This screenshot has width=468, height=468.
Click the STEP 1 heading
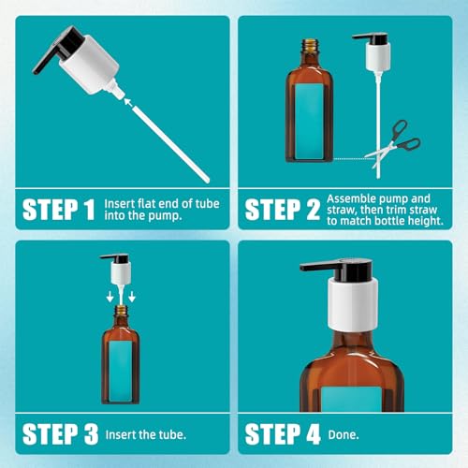tap(59, 210)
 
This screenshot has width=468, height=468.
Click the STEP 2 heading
tap(283, 210)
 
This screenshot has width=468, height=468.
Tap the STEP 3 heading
tap(60, 434)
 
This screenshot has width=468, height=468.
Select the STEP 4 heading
tap(283, 434)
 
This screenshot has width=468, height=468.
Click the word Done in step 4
tap(344, 435)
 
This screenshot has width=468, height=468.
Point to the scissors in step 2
tap(394, 143)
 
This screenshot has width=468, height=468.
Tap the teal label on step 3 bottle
tap(121, 371)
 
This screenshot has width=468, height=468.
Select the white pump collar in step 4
tap(353, 303)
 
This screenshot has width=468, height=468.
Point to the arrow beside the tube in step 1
tap(130, 103)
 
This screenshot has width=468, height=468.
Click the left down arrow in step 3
tap(110, 297)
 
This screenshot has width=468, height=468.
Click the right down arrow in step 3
tap(132, 297)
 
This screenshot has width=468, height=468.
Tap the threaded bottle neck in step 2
tap(310, 46)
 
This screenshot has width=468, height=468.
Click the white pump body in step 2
tap(378, 55)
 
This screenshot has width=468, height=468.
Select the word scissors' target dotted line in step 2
tap(354, 159)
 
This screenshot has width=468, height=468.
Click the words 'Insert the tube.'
tap(146, 434)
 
